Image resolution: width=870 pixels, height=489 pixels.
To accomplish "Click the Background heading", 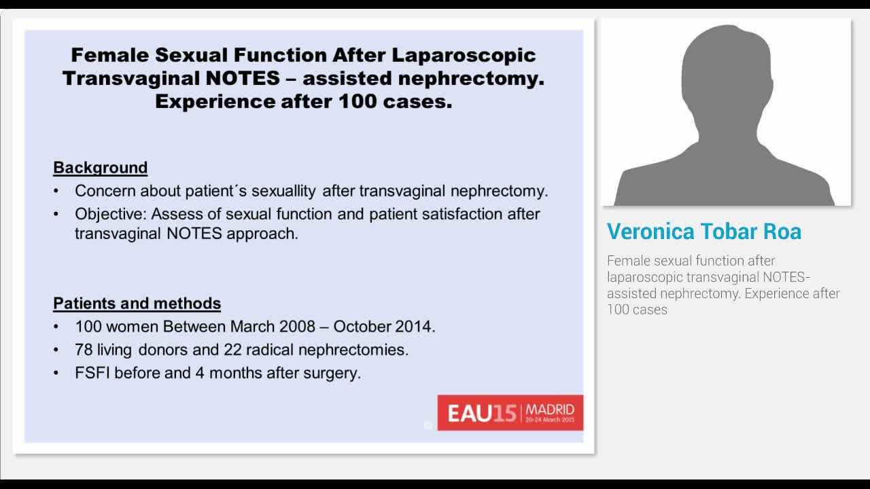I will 100,168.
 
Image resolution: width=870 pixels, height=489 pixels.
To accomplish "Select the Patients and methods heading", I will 137,304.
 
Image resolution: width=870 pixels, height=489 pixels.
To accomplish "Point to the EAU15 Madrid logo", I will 510,412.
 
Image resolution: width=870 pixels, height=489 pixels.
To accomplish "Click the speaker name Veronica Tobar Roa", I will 703,232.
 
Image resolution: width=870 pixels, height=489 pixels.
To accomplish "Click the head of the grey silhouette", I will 728,75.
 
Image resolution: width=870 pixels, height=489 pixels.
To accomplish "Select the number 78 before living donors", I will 84,350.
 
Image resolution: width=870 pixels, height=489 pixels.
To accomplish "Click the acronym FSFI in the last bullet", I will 92,373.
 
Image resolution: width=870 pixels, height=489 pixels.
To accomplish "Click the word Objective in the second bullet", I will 111,214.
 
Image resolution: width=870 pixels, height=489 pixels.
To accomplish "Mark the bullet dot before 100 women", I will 56,327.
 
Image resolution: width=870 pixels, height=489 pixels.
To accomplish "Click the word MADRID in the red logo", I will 549,410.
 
